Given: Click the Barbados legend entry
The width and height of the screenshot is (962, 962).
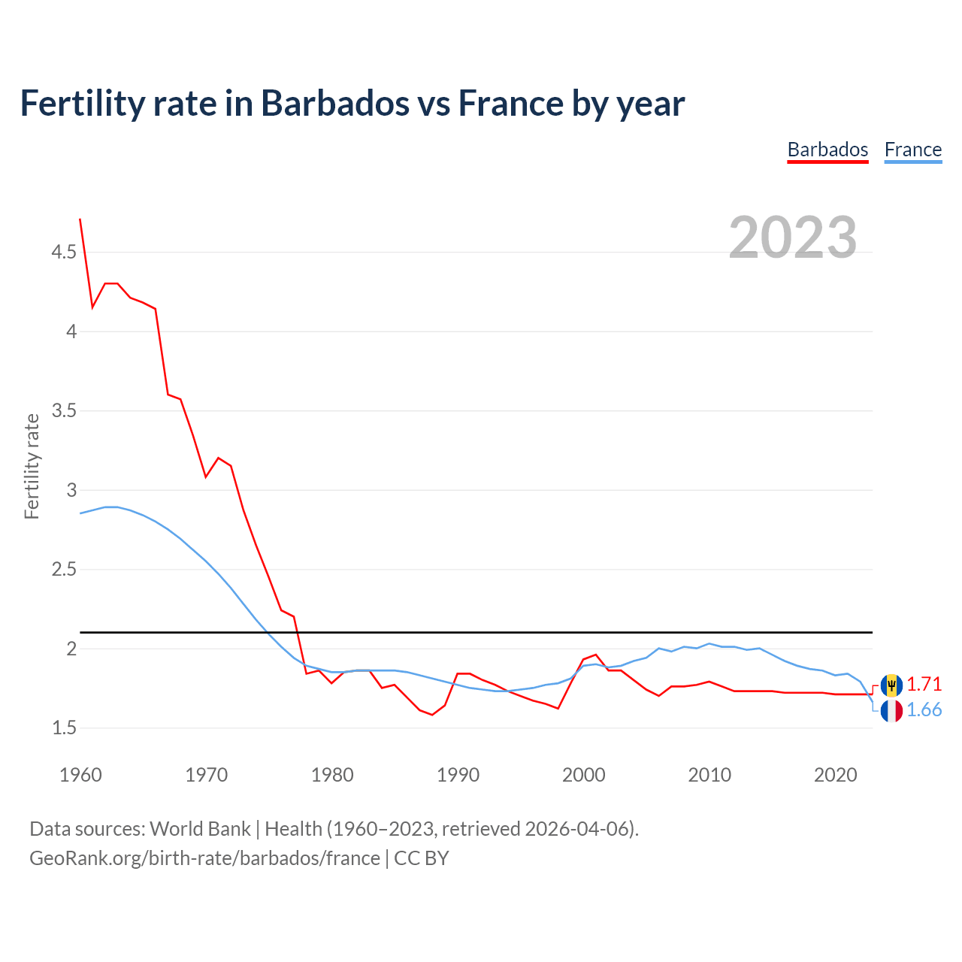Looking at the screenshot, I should [x=827, y=150].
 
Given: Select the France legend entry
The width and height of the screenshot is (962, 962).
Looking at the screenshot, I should [x=912, y=150].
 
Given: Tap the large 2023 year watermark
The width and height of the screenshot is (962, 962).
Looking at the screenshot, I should [x=792, y=237].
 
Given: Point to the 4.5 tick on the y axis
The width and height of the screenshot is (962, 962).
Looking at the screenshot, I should [x=64, y=253].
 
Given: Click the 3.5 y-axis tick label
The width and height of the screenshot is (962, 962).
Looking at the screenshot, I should [x=64, y=411].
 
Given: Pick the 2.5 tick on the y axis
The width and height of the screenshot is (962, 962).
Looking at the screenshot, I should [x=64, y=570].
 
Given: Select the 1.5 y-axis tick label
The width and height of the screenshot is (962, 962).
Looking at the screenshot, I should [x=64, y=728].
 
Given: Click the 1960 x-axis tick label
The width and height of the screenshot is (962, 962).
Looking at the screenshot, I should [x=80, y=775].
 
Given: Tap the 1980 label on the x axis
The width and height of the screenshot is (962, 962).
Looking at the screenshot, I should [x=332, y=775].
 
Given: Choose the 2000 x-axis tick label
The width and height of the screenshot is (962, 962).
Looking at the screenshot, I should [x=583, y=775].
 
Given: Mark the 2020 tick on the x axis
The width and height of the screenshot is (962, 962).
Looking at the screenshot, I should [x=835, y=775].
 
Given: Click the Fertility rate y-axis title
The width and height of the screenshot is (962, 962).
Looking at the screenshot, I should [x=32, y=466].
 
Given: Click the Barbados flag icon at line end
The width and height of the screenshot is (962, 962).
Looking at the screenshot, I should [x=891, y=685].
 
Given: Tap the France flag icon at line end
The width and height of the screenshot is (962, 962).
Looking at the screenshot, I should [x=891, y=710].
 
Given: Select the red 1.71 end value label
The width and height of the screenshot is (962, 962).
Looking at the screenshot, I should [x=924, y=685].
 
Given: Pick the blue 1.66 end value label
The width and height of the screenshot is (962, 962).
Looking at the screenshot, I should [x=924, y=710].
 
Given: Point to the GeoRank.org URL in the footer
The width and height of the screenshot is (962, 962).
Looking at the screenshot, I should [x=204, y=858].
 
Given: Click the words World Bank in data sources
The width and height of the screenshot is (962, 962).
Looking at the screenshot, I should [x=200, y=829].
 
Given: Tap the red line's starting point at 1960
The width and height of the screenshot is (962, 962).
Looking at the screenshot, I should [x=80, y=219].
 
